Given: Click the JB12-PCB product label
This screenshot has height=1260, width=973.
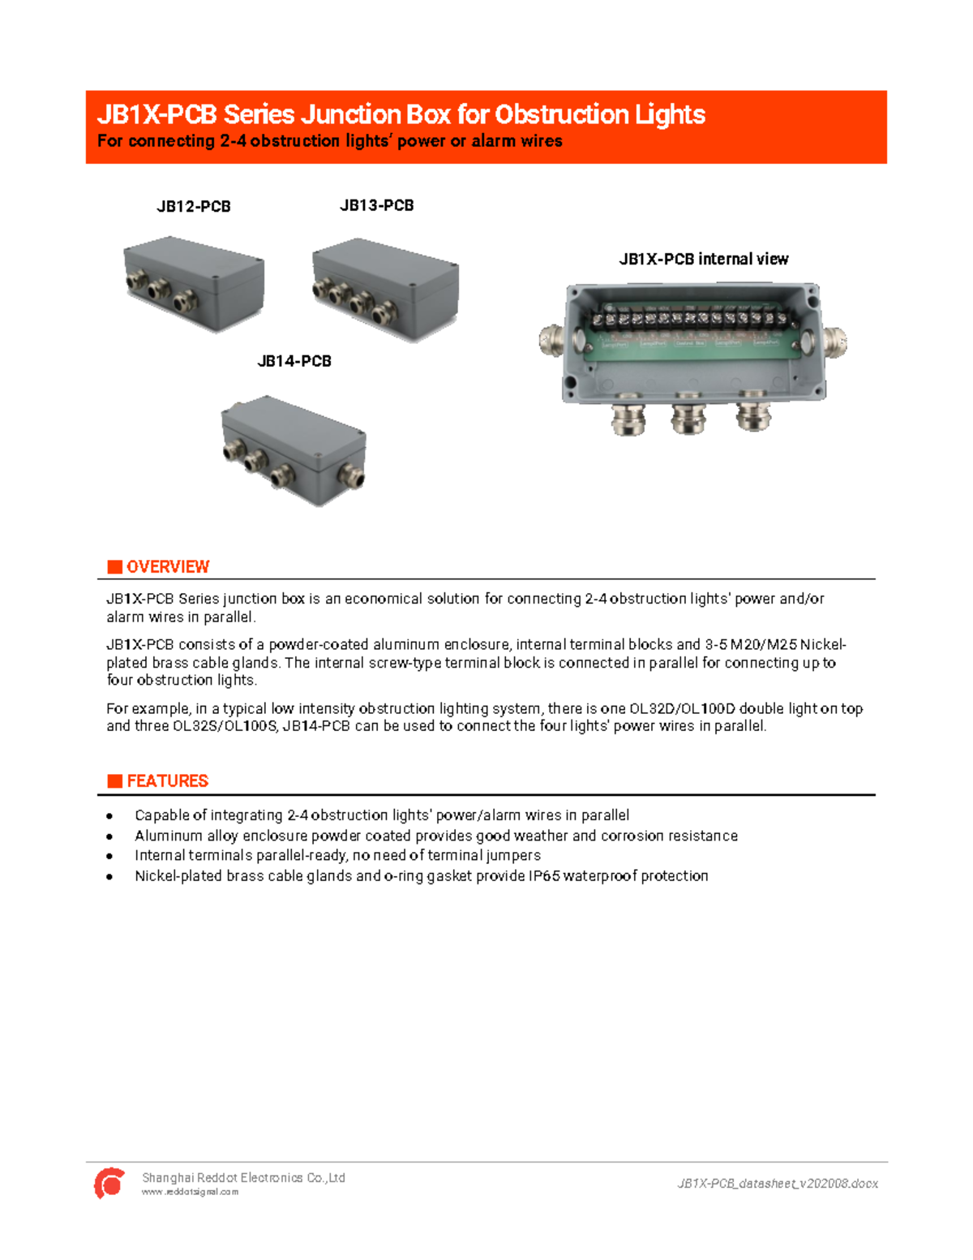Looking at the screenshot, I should [x=194, y=207].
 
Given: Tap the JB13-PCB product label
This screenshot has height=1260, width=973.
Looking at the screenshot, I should [x=377, y=206].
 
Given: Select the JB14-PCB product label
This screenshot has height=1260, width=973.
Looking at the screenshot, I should [x=294, y=362].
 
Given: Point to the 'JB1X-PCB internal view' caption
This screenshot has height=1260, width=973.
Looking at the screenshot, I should [x=704, y=260].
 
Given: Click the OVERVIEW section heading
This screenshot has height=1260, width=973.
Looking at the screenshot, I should [x=168, y=567].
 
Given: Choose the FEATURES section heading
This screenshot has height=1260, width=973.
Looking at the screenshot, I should [x=168, y=781].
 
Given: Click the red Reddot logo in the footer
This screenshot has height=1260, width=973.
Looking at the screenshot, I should [x=109, y=1183].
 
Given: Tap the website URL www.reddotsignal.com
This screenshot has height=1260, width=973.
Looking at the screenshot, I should [x=191, y=1193].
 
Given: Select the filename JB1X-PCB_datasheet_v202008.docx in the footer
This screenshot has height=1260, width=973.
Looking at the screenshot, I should [x=778, y=1184].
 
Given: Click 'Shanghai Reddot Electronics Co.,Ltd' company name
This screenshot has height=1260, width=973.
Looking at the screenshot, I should [x=243, y=1178].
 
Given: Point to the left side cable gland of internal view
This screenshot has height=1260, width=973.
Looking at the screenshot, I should [x=551, y=341].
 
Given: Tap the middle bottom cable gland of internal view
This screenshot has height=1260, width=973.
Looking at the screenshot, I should [x=688, y=416].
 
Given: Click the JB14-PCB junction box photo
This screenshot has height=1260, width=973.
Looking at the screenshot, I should [x=294, y=450].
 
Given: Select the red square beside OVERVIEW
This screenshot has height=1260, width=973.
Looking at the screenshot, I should [x=115, y=567].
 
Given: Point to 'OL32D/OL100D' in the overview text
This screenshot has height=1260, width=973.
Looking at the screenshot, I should [x=682, y=709].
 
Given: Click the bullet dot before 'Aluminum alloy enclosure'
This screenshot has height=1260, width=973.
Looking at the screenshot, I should [x=109, y=836].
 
